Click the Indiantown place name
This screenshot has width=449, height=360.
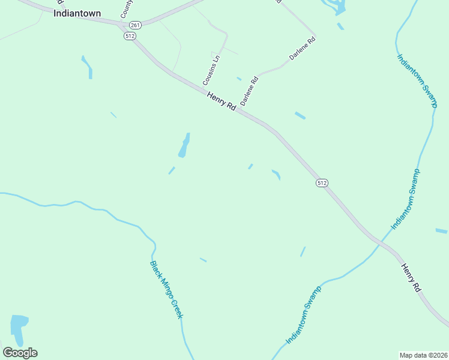(77, 13)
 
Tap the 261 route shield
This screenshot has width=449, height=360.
(135, 25)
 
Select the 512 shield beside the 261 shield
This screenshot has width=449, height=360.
(130, 36)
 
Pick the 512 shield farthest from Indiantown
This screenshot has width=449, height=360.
(322, 182)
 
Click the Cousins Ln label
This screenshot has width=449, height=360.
(212, 70)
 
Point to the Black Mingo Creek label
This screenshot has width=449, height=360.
(166, 290)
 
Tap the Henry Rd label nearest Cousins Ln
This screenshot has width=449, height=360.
(221, 100)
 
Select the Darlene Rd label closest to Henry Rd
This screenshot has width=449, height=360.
(249, 91)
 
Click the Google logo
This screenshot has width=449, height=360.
(20, 353)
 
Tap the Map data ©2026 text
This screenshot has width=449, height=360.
(423, 355)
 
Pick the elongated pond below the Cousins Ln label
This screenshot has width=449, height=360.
(184, 146)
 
